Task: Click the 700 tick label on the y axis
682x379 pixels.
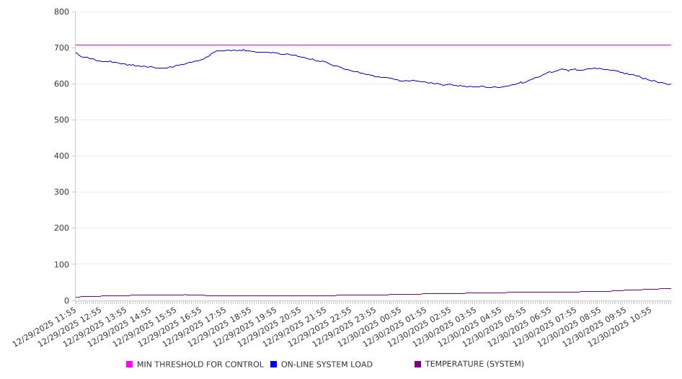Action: point(61,48)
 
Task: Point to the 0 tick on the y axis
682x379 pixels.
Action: point(66,300)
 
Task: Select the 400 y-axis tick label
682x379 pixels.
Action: point(61,156)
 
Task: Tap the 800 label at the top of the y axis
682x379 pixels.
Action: point(61,12)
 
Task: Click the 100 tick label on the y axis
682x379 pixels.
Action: point(61,264)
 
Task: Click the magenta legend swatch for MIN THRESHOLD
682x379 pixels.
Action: point(130,365)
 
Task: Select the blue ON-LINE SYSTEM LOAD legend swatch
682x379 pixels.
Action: point(274,365)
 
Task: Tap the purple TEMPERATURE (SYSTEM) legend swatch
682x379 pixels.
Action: point(418,365)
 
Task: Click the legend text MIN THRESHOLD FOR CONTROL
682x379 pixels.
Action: point(200,365)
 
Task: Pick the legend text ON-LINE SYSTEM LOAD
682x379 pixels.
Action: point(327,365)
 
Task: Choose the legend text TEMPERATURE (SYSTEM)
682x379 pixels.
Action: point(474,365)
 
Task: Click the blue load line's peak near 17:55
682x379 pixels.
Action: point(243,50)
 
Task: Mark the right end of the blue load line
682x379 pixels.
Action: point(670,84)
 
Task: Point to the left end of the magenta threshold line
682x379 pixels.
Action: point(76,45)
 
